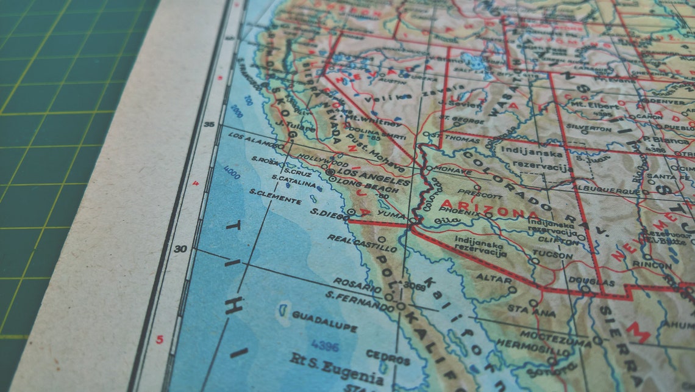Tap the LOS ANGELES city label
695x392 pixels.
(376, 178)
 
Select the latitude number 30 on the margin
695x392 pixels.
(181, 249)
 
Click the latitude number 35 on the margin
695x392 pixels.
(209, 125)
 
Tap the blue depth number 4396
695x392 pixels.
(324, 346)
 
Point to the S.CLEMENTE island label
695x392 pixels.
(275, 200)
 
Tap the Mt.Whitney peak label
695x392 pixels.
(367, 118)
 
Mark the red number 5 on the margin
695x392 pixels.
(160, 340)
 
